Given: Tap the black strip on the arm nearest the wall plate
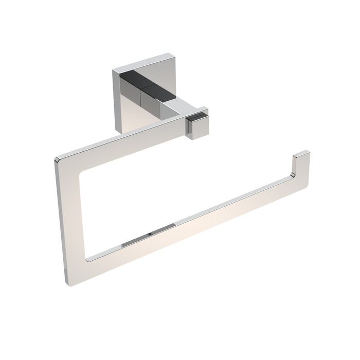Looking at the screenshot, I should click(135, 79).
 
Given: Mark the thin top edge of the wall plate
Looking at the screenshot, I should click(144, 61).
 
